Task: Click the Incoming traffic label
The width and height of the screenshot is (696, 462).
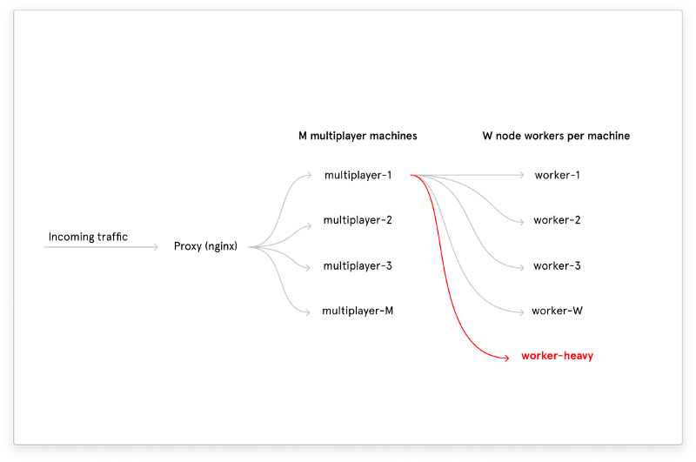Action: click(88, 237)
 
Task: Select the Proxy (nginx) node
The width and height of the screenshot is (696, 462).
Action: click(205, 246)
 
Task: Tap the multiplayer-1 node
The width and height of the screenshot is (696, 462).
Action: click(358, 175)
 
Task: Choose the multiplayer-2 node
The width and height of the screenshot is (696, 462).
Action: click(358, 220)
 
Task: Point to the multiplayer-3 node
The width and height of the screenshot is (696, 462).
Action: click(358, 266)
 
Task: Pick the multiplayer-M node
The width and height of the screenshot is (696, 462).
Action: click(358, 311)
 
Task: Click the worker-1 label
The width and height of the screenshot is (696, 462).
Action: click(557, 175)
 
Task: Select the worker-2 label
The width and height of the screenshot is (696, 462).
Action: click(557, 220)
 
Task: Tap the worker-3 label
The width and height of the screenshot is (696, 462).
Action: click(557, 266)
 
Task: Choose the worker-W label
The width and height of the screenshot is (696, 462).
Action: click(557, 311)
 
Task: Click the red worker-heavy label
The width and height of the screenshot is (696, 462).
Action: click(557, 356)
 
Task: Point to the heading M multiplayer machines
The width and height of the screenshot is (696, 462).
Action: click(358, 136)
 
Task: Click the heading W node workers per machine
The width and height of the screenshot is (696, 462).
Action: click(556, 136)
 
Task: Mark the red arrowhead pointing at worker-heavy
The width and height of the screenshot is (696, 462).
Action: click(506, 358)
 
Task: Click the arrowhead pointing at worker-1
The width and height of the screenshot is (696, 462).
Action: click(521, 175)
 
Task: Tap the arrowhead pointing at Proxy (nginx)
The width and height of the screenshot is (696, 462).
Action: click(156, 247)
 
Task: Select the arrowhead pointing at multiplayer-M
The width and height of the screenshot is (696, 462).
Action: click(307, 312)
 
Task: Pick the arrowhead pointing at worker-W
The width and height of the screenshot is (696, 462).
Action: click(521, 312)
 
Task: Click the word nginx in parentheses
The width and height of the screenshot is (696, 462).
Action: click(221, 247)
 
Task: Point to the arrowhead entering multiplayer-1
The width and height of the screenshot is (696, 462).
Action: click(309, 176)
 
